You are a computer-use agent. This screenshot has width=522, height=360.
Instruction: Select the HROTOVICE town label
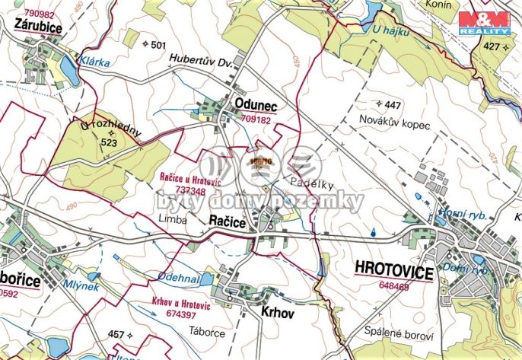coord(393,272)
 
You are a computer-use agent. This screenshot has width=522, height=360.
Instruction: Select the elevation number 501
coord(158,46)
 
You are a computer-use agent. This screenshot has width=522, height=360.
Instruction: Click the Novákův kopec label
coord(396,124)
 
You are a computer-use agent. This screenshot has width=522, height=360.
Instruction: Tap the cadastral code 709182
coord(256,120)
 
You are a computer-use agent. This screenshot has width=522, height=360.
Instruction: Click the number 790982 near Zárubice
coord(40,14)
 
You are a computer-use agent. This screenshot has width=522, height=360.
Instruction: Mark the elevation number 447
coord(393,104)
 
